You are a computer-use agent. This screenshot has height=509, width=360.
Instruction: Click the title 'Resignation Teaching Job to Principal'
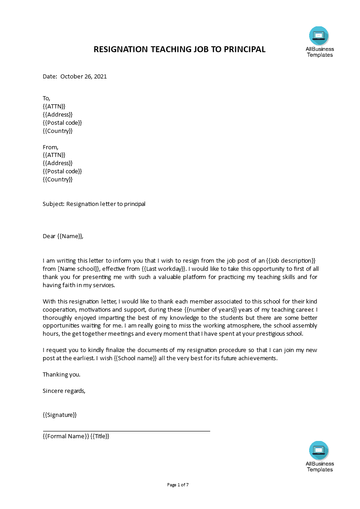pos(179,49)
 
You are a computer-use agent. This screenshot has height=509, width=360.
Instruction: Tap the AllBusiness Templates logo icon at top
pos(319,36)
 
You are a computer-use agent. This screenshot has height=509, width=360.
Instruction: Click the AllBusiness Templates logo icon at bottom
pos(319,450)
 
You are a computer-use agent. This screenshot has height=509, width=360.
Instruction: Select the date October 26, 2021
pos(84,77)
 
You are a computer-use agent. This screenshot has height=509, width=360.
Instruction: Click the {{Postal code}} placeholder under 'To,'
pos(62,122)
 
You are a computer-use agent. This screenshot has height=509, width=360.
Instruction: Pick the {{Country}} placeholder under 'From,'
pos(58,179)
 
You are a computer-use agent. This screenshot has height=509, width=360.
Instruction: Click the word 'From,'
pos(50,147)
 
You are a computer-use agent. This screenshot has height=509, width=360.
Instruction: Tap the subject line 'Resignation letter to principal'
pos(106,204)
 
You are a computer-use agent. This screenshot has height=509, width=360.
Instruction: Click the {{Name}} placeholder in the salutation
pos(70,236)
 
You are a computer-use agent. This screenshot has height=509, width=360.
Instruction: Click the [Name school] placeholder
pos(79,269)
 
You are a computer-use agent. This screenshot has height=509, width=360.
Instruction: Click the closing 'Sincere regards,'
pos(64,391)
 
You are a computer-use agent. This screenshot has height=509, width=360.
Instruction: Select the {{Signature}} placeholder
pos(60,415)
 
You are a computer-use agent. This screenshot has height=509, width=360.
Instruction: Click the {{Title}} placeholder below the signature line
pos(100,436)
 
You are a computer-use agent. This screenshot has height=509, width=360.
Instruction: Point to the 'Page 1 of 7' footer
pos(178,485)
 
